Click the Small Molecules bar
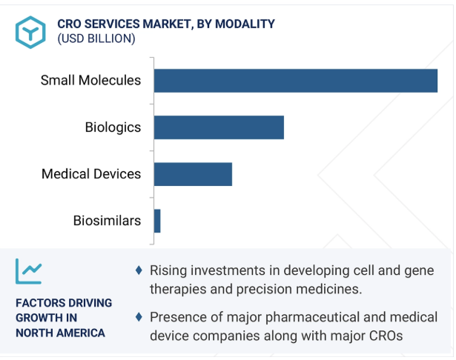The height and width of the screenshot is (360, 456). point(295,80)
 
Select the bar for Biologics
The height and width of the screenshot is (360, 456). point(219,127)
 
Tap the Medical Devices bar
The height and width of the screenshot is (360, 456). point(193,174)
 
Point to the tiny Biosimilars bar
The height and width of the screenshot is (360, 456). point(157,221)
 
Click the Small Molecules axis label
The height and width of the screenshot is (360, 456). point(90,80)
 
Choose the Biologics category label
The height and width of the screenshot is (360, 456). point(113,127)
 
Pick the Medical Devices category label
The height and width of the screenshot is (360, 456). point(91,174)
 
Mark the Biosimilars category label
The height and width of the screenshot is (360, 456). point(107,221)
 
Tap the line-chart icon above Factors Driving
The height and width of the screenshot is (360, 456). point(29,272)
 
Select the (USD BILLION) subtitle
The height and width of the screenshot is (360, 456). point(96,39)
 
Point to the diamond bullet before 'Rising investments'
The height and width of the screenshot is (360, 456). point(139,270)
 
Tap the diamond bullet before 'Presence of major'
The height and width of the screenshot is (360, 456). point(139,317)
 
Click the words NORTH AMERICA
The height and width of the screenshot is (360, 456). point(60,333)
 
